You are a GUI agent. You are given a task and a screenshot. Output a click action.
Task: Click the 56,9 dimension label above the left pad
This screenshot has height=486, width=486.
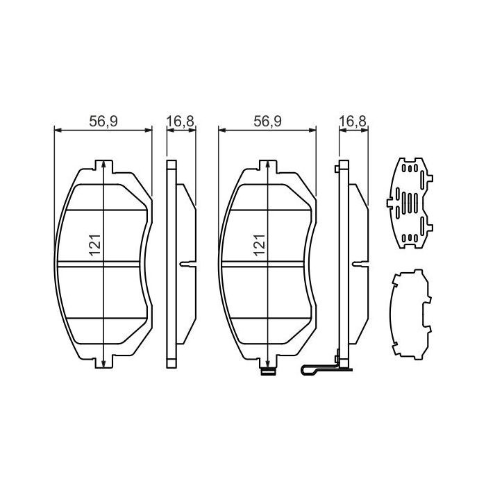tap(103, 121)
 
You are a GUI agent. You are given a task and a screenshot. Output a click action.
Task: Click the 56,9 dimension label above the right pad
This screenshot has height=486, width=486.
tap(267, 121)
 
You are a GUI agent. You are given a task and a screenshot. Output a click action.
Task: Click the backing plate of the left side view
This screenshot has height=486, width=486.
tap(171, 264)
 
